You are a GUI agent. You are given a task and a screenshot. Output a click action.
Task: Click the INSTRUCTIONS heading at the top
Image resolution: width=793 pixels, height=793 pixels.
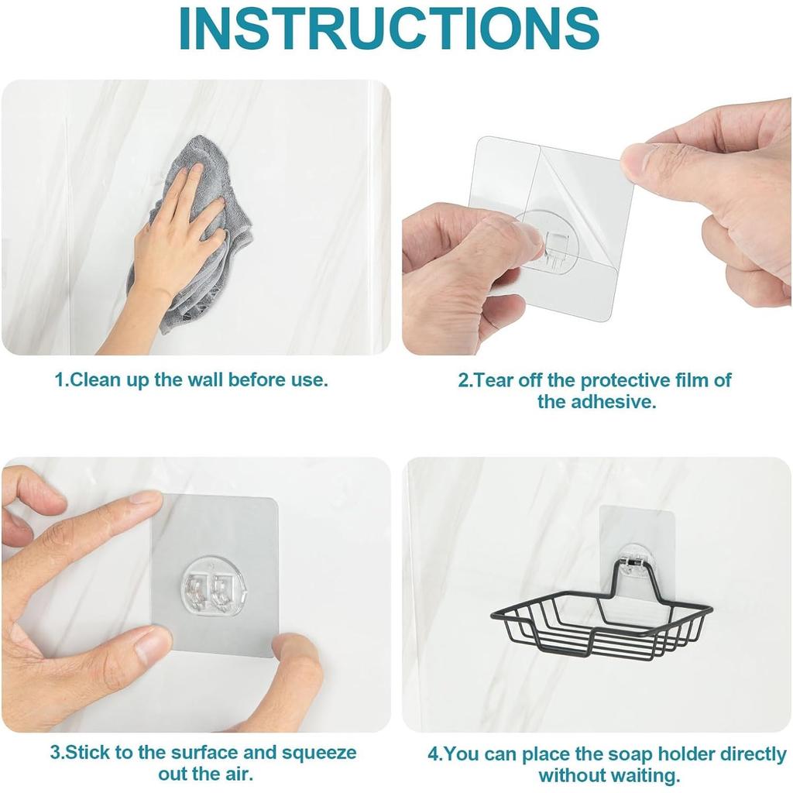pos(390,28)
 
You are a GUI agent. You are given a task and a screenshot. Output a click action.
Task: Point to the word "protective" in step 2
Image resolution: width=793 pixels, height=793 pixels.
pos(625,380)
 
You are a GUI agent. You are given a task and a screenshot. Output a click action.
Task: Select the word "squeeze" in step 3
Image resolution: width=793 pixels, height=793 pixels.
pos(319,753)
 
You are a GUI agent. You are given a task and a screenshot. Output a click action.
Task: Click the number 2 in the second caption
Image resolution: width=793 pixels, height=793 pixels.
pos(463,380)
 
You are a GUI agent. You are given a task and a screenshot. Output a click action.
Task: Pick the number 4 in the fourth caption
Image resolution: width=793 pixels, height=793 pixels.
pos(434,754)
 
